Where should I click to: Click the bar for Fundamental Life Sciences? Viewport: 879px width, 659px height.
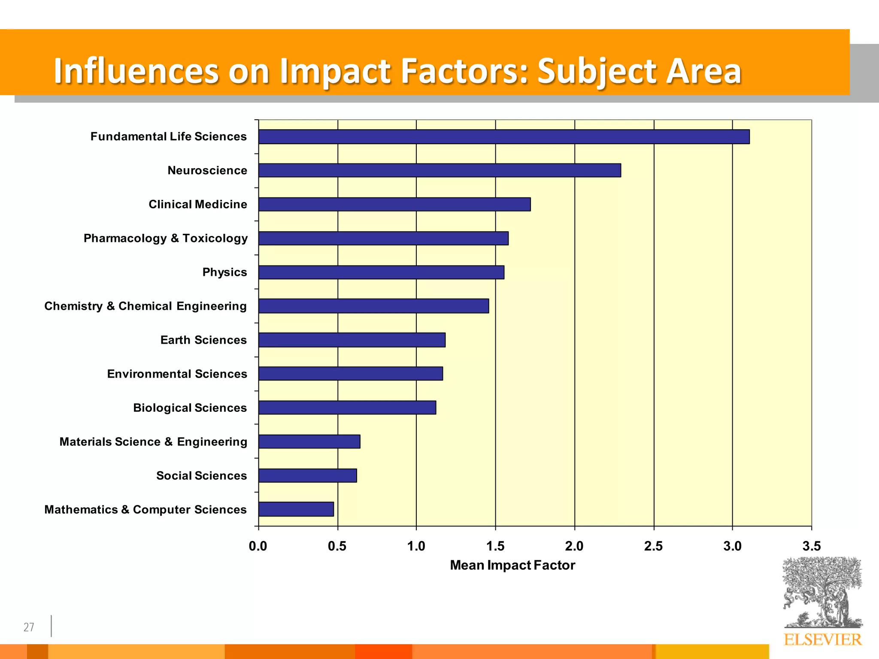pyautogui.click(x=504, y=136)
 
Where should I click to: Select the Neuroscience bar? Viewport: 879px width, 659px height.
pyautogui.click(x=439, y=170)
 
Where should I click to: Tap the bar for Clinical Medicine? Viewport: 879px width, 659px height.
pyautogui.click(x=394, y=204)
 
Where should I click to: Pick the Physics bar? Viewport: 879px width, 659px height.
pyautogui.click(x=381, y=272)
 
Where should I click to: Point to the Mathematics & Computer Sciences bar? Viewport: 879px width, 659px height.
pyautogui.click(x=296, y=509)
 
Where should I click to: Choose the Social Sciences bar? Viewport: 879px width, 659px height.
pyautogui.click(x=307, y=475)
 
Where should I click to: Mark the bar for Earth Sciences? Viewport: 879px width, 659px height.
pyautogui.click(x=352, y=340)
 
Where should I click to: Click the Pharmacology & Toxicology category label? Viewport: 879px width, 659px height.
pyautogui.click(x=166, y=238)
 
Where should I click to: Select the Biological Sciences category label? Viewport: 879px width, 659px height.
pyautogui.click(x=190, y=408)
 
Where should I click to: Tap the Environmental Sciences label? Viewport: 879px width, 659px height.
pyautogui.click(x=177, y=374)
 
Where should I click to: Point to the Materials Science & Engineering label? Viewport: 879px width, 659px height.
pyautogui.click(x=153, y=441)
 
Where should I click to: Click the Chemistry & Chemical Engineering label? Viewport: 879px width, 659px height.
pyautogui.click(x=145, y=306)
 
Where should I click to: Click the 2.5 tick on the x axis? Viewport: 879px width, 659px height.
pyautogui.click(x=653, y=546)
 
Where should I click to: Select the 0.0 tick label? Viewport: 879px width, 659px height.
pyautogui.click(x=258, y=546)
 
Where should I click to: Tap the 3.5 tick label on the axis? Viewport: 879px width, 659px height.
pyautogui.click(x=811, y=546)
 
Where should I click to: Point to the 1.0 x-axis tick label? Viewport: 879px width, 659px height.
pyautogui.click(x=416, y=546)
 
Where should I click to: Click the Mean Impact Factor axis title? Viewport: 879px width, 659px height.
pyautogui.click(x=512, y=565)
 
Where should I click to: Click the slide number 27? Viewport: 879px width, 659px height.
pyautogui.click(x=29, y=627)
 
